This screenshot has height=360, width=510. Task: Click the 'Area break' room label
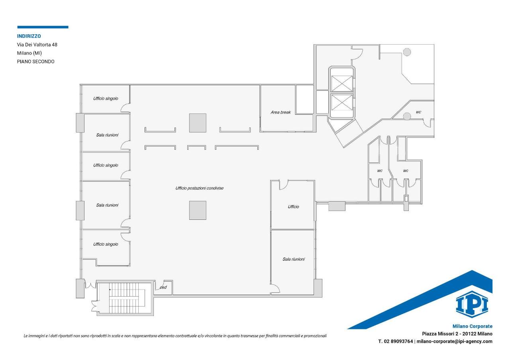tap(280, 112)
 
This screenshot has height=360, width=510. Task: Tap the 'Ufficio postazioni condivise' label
tap(200, 188)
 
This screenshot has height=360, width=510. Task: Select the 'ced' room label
tap(163, 287)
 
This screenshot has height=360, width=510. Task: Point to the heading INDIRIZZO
tap(29, 36)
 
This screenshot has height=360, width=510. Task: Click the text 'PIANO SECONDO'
tap(35, 61)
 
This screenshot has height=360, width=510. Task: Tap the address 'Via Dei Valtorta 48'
tap(37, 45)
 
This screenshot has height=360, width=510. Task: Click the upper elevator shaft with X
tap(341, 84)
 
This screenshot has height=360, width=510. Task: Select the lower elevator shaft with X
tap(341, 103)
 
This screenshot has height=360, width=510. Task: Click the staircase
tap(127, 298)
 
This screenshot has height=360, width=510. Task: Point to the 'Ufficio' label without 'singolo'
tap(293, 207)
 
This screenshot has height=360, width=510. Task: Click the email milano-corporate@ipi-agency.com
tap(455, 341)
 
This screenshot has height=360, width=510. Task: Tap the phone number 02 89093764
tap(398, 341)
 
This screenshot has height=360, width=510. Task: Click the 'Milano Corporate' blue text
tap(473, 326)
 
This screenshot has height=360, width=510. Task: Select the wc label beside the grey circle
tap(418, 112)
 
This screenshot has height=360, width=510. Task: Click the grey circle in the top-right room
tap(407, 52)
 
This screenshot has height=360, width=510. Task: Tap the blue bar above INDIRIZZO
tap(43, 27)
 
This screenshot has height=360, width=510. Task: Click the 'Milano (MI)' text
tap(29, 53)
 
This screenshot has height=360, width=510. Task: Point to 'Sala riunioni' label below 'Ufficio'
tap(294, 259)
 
